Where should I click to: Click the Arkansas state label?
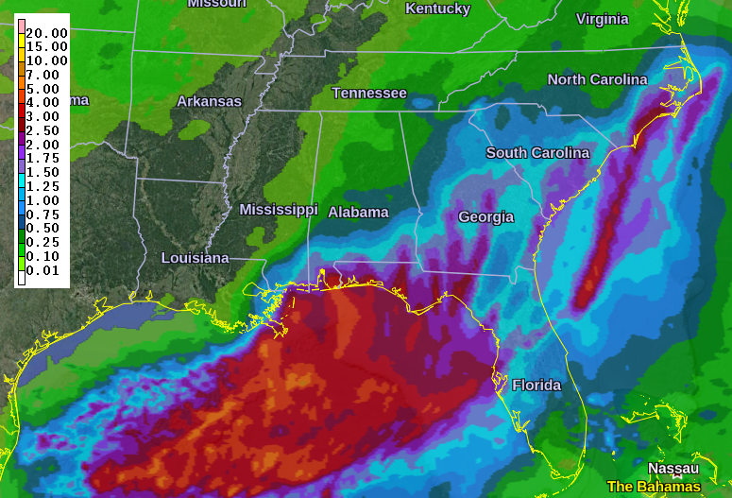[209, 101]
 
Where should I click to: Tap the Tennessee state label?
[369, 93]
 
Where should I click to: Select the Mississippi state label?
[279, 209]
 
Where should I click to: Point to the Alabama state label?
[358, 212]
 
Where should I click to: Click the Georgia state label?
[485, 216]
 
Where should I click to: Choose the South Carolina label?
[537, 152]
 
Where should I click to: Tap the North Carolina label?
[597, 79]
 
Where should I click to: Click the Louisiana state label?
[195, 257]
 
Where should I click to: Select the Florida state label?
[536, 385]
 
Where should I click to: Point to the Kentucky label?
[437, 9]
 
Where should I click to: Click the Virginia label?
[602, 19]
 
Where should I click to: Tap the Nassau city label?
[672, 468]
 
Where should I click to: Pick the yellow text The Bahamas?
[654, 487]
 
